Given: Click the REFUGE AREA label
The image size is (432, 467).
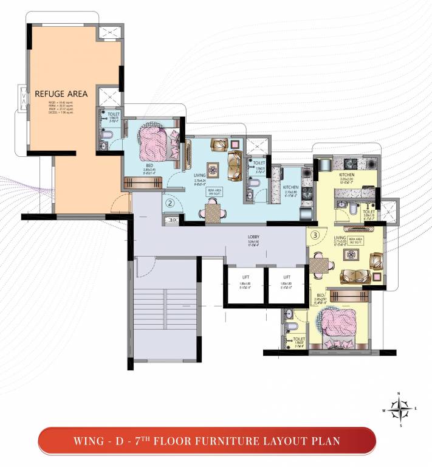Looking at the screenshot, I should (x=61, y=94).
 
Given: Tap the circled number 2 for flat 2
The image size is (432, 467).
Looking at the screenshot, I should (x=171, y=202).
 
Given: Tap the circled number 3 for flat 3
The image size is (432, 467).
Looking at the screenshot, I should (x=315, y=234).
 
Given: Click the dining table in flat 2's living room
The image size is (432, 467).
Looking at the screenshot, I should (x=213, y=212).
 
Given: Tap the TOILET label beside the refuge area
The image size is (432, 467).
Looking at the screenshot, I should (x=114, y=114).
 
